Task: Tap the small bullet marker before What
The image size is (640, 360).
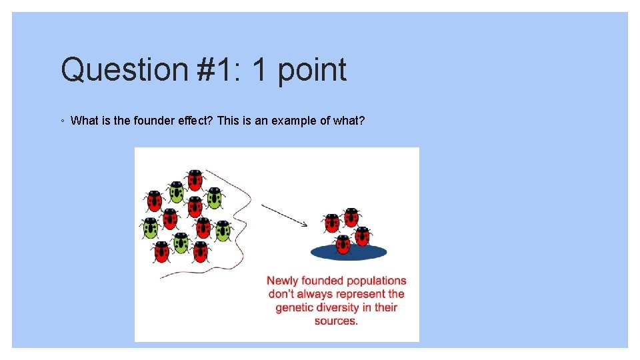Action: coord(62,121)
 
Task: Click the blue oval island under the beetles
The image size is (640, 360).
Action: coord(348,252)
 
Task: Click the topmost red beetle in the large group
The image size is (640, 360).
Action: coord(195,179)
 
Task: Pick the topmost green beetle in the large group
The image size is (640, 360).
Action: coord(176,191)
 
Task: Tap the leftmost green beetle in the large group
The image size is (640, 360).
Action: coord(150,227)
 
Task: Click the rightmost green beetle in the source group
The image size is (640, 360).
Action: coord(222,230)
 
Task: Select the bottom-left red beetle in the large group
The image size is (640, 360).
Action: coord(161,251)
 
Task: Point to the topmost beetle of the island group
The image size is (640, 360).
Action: coord(351,217)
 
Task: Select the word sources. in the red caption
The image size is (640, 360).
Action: coord(336,321)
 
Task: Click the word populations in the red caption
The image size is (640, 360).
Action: coord(373,281)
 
